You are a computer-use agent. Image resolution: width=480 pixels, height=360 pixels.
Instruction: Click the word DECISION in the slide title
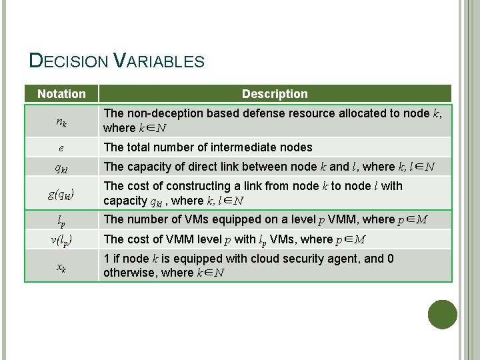pos(68,61)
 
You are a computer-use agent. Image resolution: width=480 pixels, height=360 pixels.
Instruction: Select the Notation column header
pos(61,94)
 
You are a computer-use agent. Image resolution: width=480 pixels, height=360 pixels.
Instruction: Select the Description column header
pos(275,94)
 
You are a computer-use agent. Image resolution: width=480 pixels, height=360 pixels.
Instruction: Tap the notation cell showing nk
pos(61,121)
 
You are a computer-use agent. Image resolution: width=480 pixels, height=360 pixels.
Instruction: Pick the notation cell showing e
pos(61,147)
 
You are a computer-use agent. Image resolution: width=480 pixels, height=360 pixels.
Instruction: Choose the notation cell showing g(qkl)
pos(61,194)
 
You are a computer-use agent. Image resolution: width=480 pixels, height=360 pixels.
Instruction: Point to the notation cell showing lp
pos(61,220)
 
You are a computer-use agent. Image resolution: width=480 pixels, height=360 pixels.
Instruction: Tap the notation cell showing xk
pos(61,266)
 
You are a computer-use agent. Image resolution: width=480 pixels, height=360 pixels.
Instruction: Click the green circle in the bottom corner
pos(443,315)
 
